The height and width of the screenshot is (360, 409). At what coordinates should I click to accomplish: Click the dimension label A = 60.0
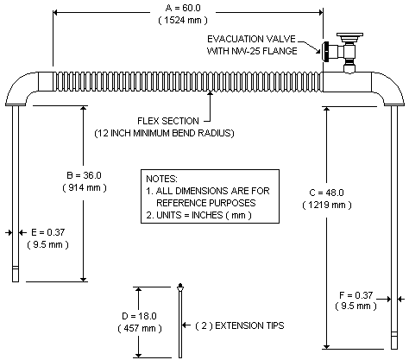point(188,7)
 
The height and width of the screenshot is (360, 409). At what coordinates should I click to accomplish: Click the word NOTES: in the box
point(161,176)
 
